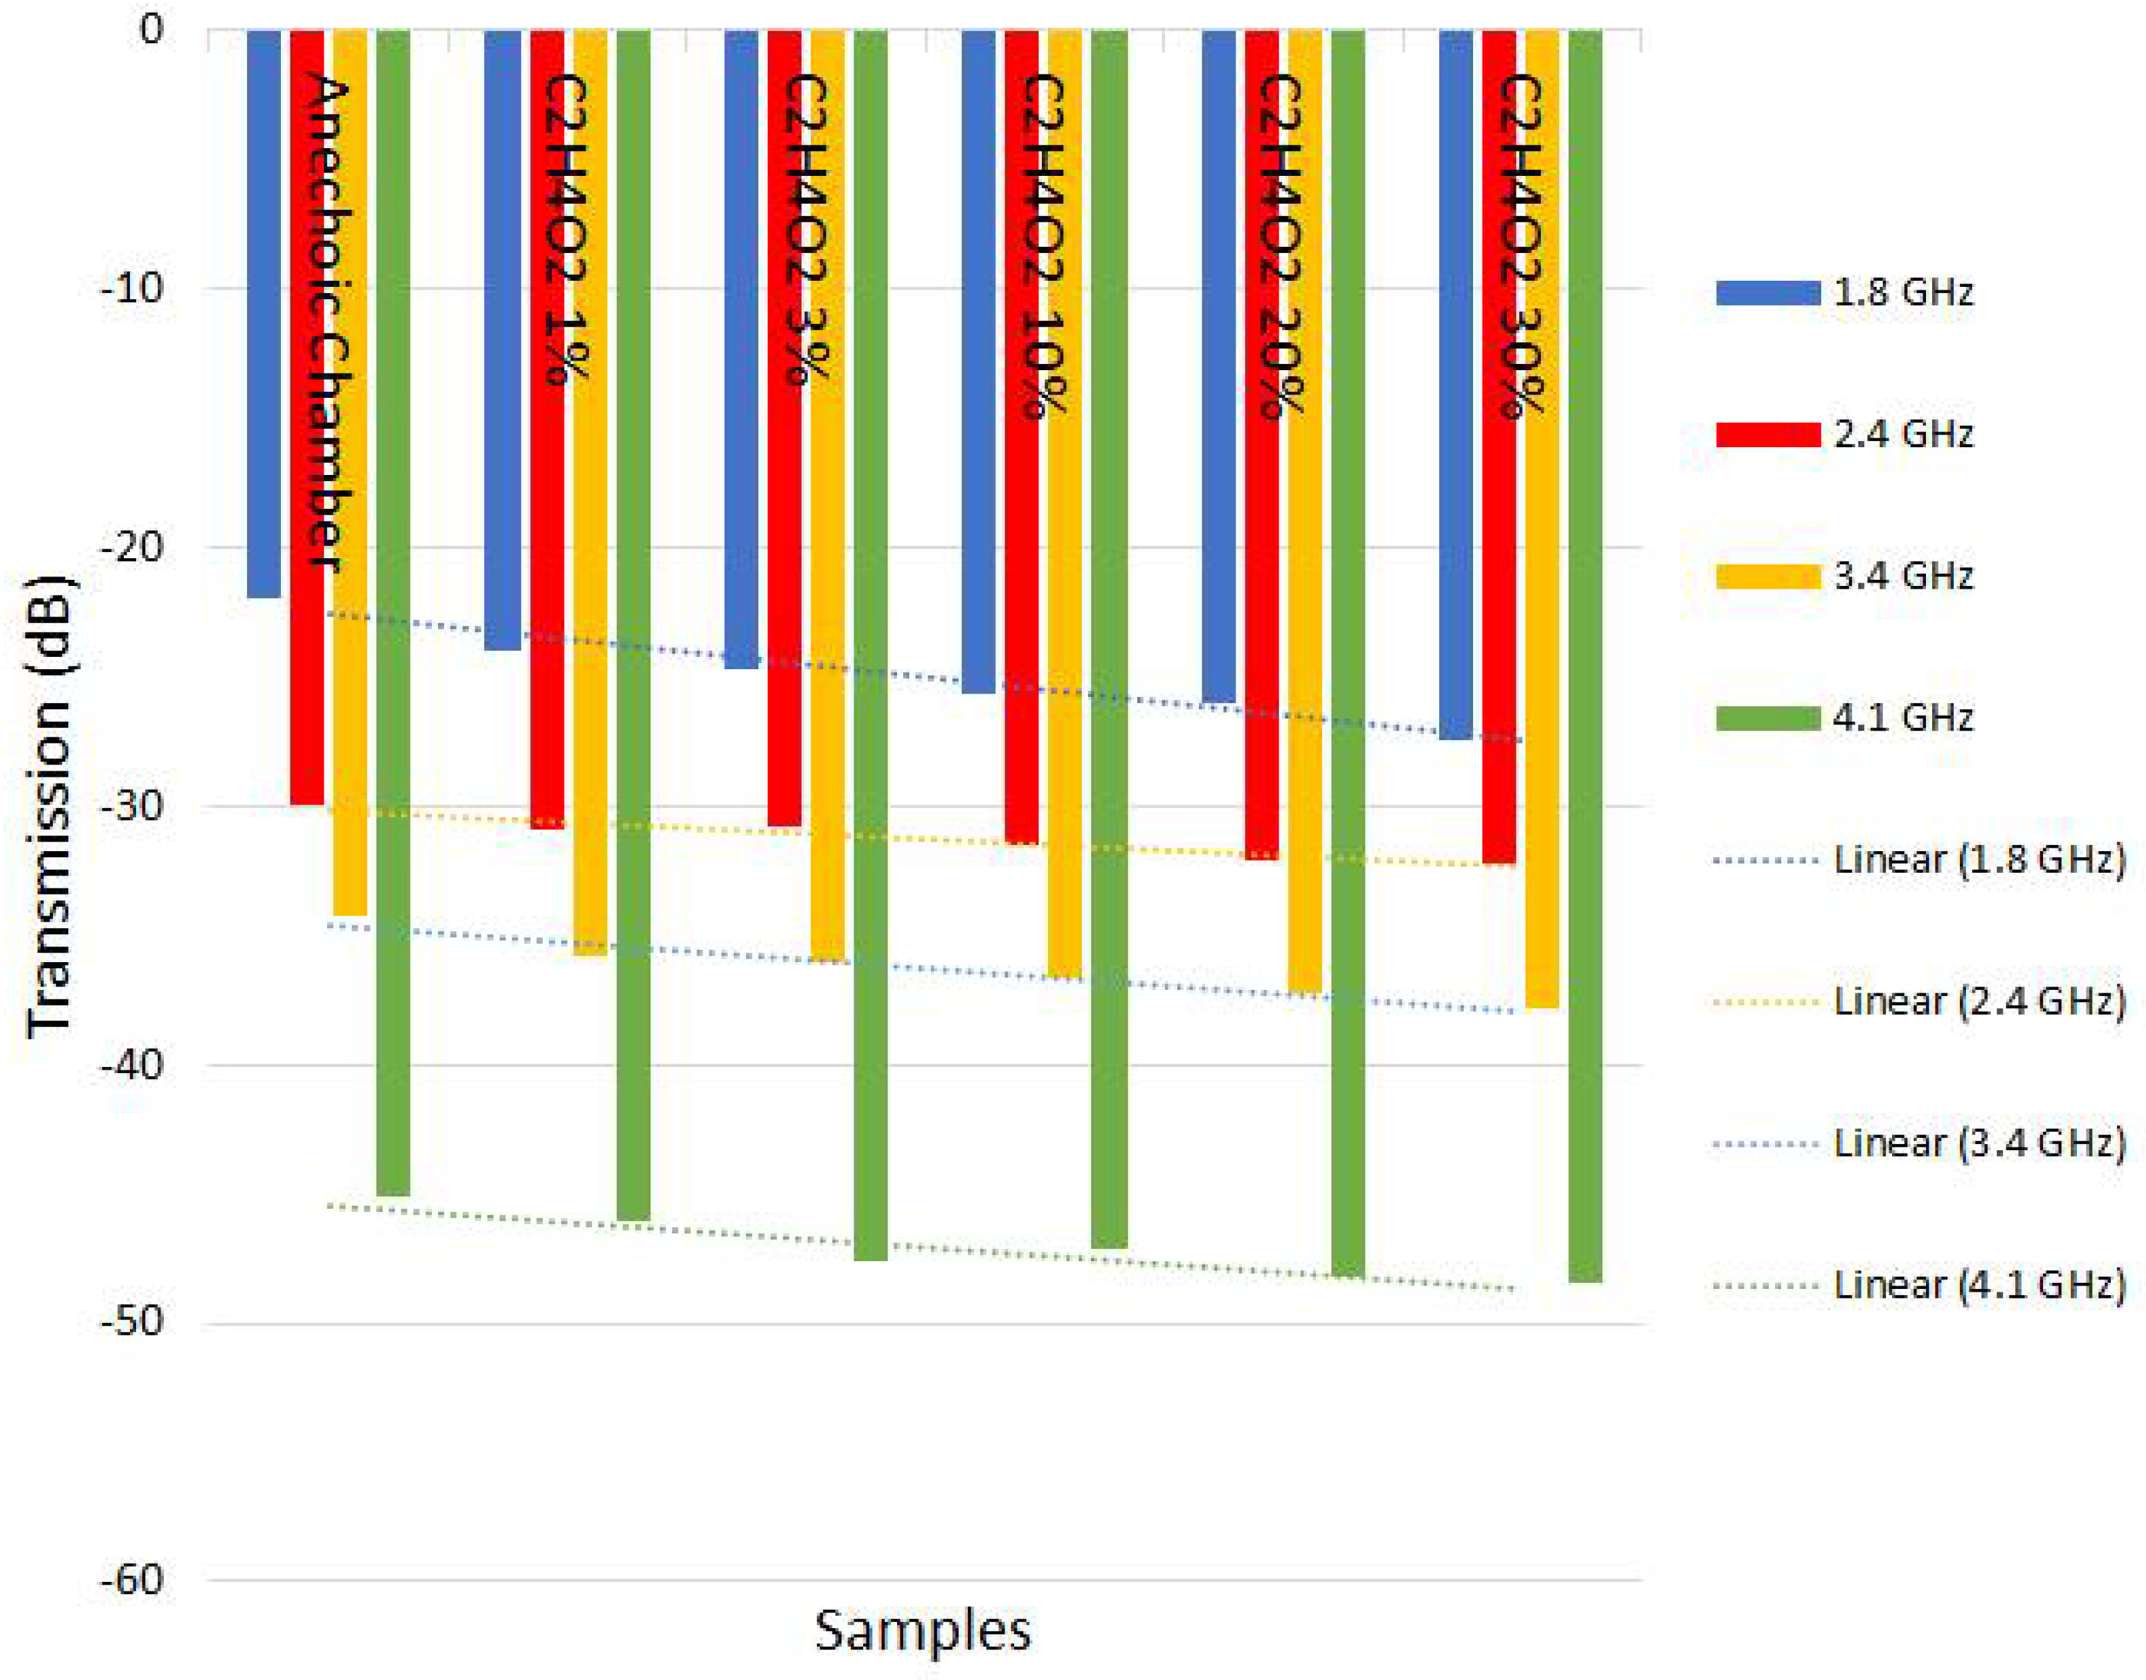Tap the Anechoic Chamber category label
click(328, 325)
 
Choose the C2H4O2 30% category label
click(1518, 246)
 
